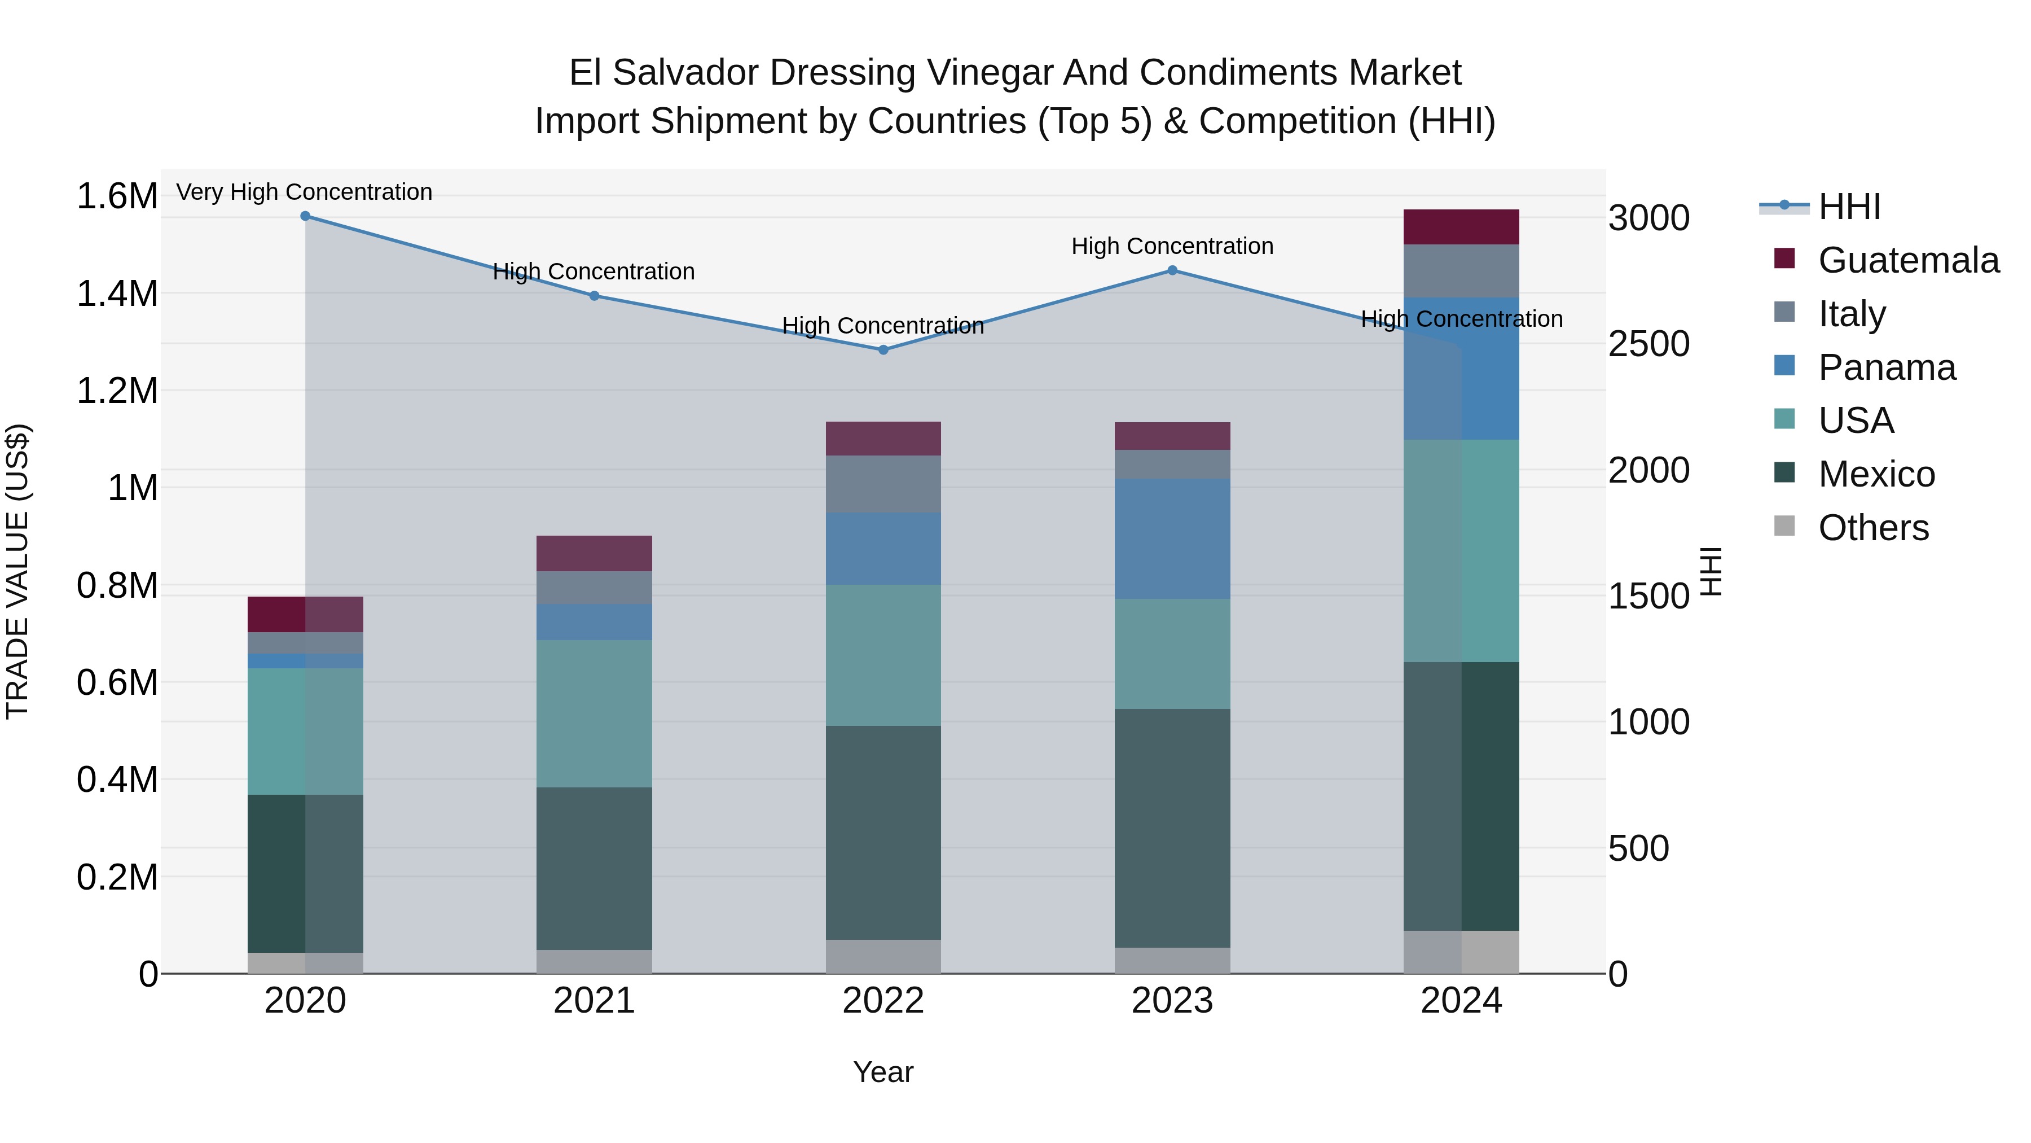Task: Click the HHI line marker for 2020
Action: (x=305, y=216)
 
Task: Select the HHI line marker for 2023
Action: (x=1172, y=270)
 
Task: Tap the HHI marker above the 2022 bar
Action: (x=883, y=350)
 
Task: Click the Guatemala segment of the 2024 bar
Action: (x=1461, y=227)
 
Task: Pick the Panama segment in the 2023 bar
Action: (x=1172, y=539)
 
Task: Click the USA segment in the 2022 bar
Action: (x=883, y=655)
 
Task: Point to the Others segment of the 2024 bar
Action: (x=1461, y=952)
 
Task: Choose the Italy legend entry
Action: (x=1851, y=314)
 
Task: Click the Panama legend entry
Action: (x=1886, y=367)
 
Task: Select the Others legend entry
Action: (x=1872, y=528)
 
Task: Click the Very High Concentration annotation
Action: (x=304, y=192)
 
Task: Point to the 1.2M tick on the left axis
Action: (x=117, y=391)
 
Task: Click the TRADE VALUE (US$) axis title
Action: (x=18, y=571)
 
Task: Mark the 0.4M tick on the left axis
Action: (x=117, y=780)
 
